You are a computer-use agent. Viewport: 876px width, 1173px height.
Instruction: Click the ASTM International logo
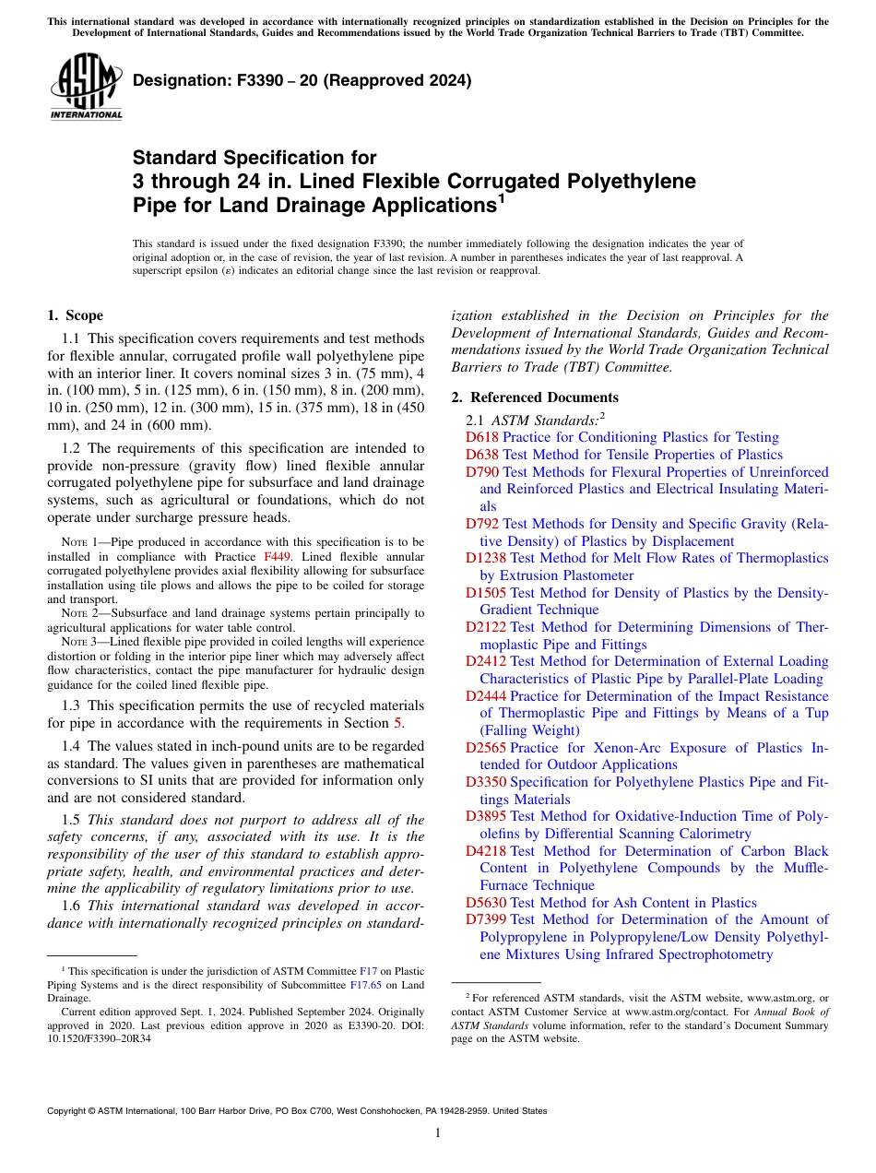point(86,89)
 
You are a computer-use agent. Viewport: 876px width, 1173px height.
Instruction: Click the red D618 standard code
point(482,437)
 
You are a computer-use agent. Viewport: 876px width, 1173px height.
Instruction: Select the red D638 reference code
point(482,455)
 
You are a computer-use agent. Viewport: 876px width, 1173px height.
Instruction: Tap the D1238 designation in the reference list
point(486,558)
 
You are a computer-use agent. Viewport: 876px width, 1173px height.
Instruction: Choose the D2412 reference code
point(486,661)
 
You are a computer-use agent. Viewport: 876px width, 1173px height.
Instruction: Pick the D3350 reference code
point(486,782)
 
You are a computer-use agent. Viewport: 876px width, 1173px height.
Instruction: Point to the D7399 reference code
point(486,919)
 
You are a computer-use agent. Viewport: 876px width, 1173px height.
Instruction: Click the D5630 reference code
point(486,903)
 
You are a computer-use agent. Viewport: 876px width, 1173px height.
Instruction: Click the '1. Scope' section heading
point(75,315)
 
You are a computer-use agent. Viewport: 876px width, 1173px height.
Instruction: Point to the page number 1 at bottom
point(438,1132)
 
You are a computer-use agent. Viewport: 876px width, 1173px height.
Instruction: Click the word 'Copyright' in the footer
point(70,1111)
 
